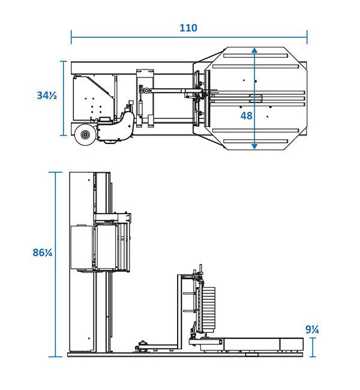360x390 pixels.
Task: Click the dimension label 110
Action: (188, 28)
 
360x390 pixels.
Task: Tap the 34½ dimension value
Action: (46, 95)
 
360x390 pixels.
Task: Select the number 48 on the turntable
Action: (246, 115)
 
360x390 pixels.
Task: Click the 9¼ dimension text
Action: (311, 329)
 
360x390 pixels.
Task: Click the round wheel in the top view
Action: (85, 136)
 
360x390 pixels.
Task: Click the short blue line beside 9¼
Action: (312, 347)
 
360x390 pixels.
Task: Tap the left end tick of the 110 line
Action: (71, 38)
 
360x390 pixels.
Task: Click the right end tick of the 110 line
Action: (307, 38)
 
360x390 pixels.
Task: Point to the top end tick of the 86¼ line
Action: (58, 172)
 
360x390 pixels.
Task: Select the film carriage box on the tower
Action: (82, 247)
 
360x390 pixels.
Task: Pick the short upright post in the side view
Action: (178, 312)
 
